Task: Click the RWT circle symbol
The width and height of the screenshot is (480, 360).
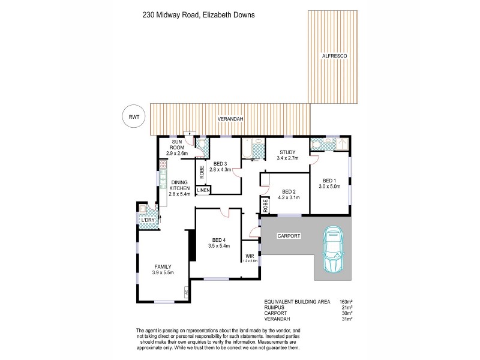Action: (x=133, y=118)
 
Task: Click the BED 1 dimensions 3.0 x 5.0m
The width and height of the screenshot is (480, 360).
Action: (x=331, y=186)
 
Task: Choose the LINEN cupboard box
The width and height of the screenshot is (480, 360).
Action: (x=203, y=190)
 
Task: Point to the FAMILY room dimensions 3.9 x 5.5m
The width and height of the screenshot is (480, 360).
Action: (x=164, y=273)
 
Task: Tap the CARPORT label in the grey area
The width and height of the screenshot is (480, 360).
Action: (x=289, y=236)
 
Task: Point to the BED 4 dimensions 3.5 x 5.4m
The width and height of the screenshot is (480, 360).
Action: (x=218, y=245)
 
